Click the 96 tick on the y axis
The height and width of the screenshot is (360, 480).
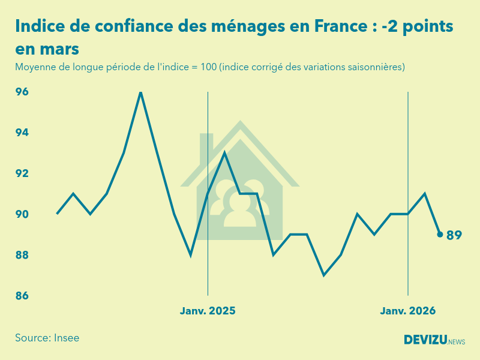22,92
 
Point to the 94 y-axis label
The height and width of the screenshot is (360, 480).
22,133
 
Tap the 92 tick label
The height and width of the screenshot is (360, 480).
22,173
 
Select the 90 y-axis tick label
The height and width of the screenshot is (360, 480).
22,214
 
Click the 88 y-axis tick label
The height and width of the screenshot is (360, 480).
22,255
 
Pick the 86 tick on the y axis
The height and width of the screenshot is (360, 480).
22,296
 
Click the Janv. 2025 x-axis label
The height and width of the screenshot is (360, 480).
208,311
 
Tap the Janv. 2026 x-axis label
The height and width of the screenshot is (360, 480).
408,311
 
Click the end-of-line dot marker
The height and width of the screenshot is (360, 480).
440,235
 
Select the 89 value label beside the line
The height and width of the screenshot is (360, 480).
454,235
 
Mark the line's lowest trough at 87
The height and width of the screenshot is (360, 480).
324,275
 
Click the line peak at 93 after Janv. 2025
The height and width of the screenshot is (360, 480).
224,153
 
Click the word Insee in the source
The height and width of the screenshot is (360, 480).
67,338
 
